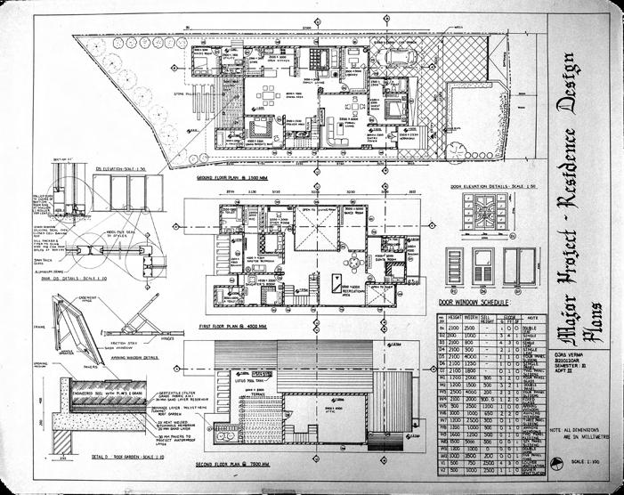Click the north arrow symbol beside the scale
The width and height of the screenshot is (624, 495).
pyautogui.click(x=559, y=461)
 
